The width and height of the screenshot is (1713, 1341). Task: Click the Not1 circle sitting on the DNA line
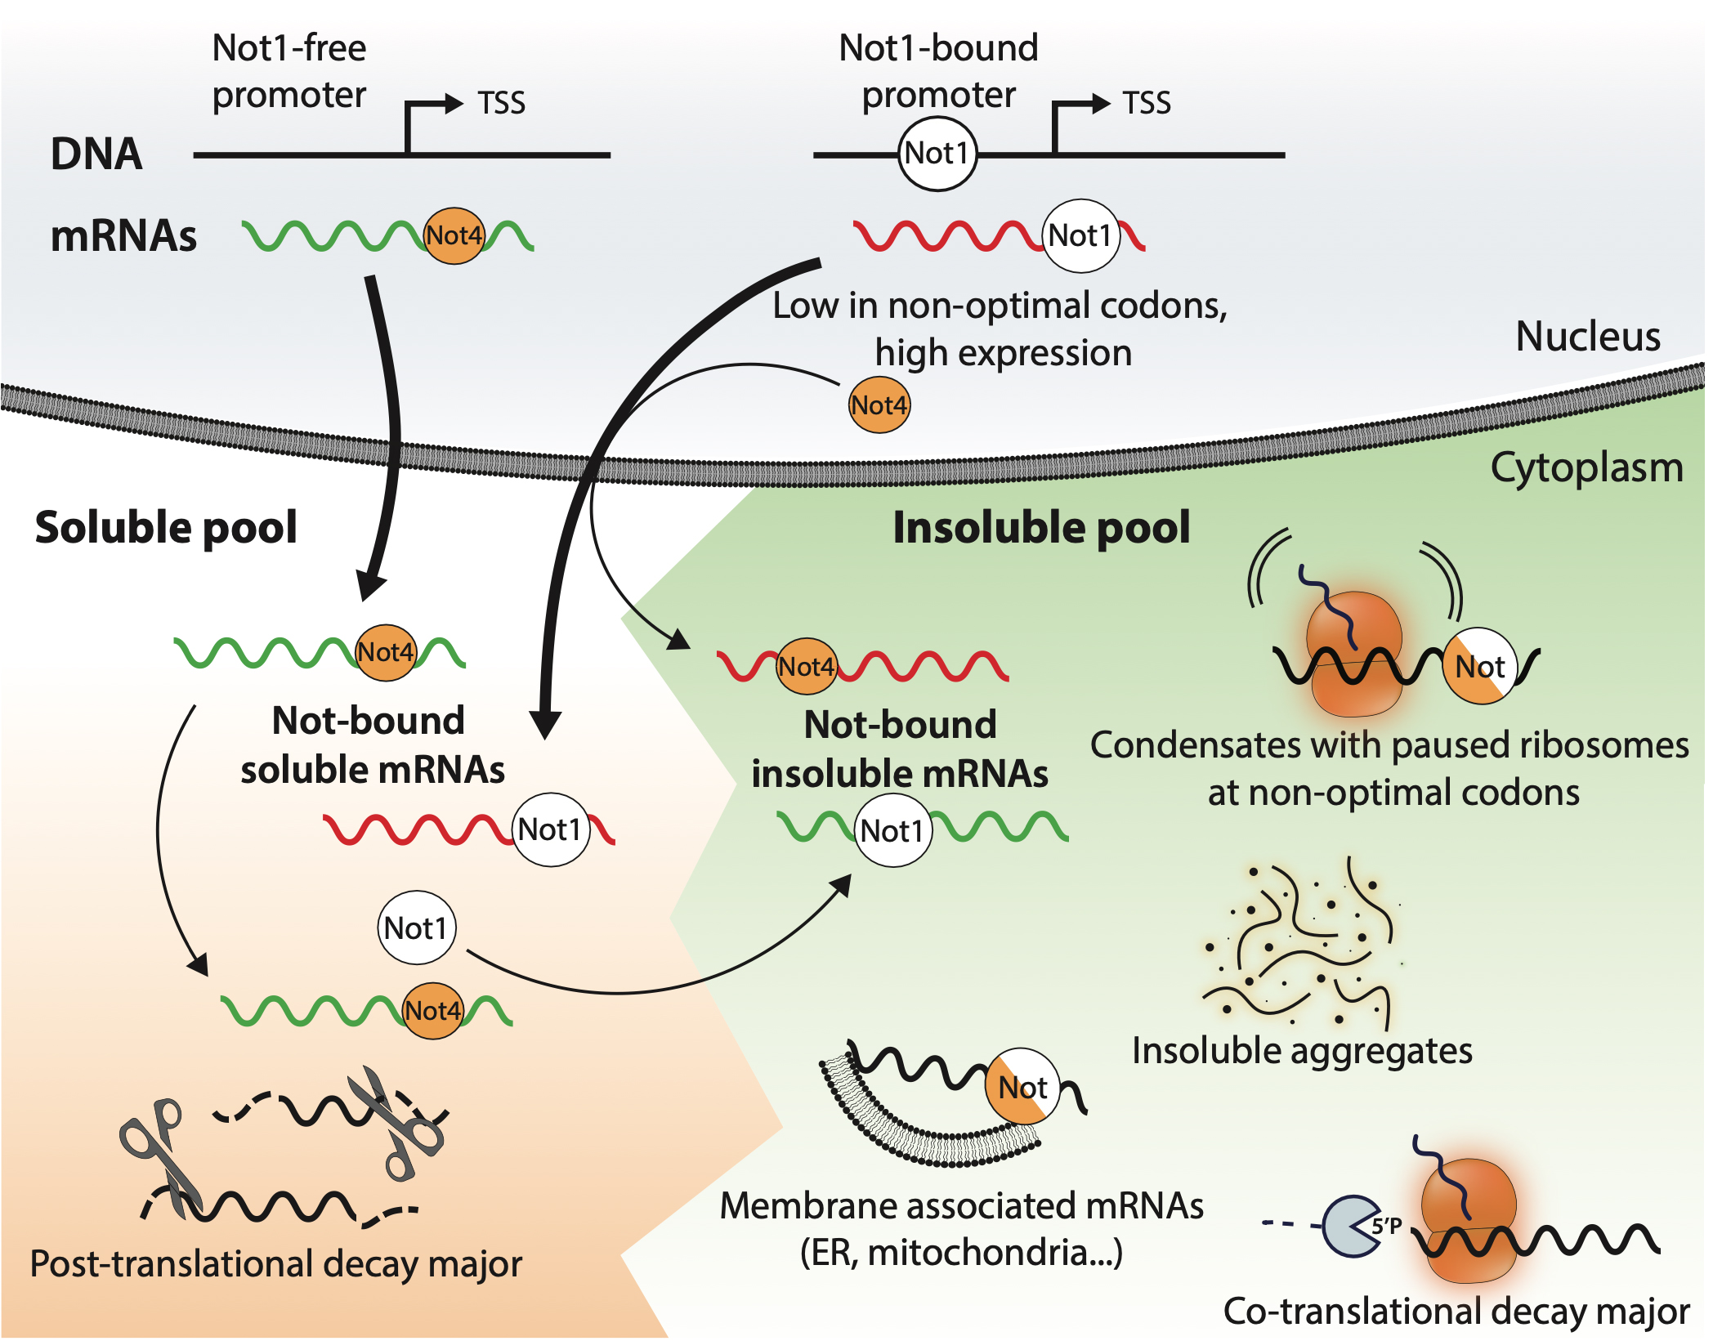[937, 154]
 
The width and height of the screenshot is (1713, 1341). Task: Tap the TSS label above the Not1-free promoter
[501, 104]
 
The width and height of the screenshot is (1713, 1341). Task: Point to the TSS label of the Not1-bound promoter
[1146, 104]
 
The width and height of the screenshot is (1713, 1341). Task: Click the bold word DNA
[96, 154]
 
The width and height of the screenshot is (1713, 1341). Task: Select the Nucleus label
[1587, 336]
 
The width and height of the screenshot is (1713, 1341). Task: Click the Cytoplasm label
[1586, 468]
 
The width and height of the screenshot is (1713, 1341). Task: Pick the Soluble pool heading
[166, 527]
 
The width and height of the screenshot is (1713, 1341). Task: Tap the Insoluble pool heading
[1040, 527]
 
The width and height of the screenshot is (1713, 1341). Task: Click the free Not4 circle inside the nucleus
[879, 405]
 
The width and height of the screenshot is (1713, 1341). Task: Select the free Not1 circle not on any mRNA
[416, 928]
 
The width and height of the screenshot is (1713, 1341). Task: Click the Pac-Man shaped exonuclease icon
[1350, 1226]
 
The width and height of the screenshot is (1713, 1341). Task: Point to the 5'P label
[1387, 1226]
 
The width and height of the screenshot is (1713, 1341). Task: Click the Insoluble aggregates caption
[1301, 1051]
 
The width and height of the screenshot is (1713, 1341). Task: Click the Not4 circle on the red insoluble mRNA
[806, 667]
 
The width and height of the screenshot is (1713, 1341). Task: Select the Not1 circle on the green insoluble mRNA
[892, 831]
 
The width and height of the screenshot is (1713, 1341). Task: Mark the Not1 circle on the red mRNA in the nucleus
[1080, 235]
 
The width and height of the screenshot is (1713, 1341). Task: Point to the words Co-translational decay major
[1456, 1311]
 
